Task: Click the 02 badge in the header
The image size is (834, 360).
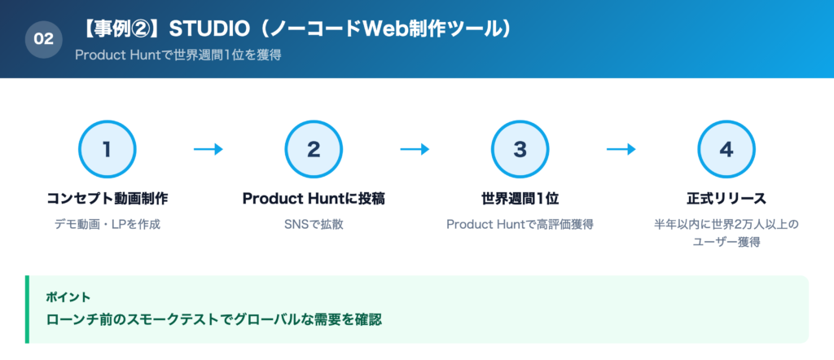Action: tap(44, 38)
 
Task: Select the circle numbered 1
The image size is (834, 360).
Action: tap(107, 149)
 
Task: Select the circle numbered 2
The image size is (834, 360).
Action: tap(314, 149)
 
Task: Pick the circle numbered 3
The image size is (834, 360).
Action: tap(520, 149)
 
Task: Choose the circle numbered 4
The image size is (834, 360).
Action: tap(726, 149)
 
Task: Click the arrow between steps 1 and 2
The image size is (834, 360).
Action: tap(208, 149)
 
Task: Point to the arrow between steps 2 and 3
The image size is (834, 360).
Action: tap(415, 149)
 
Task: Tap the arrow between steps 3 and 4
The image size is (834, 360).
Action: tap(621, 149)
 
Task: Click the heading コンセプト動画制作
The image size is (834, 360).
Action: tap(107, 198)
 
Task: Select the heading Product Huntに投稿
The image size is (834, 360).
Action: tap(314, 198)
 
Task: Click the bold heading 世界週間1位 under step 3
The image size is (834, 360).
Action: tap(520, 198)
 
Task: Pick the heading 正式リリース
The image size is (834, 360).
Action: tap(726, 198)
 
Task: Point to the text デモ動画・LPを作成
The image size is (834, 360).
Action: tap(107, 223)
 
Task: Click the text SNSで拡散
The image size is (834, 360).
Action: tap(314, 223)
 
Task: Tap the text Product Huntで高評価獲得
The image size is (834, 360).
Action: tap(520, 223)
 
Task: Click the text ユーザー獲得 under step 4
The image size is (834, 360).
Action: tap(726, 242)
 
